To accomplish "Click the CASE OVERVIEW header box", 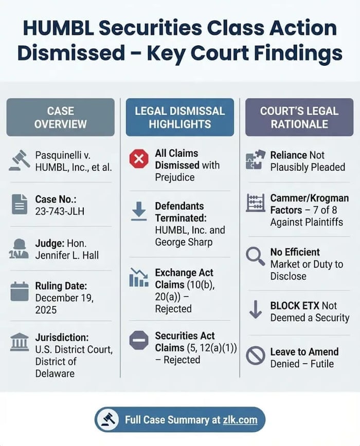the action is point(61,117).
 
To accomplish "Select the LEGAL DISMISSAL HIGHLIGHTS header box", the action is point(180,117).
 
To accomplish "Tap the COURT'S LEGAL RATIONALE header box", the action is point(299,117).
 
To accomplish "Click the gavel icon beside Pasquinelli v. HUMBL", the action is point(20,161).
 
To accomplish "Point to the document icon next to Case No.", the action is point(20,204).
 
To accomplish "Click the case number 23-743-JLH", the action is point(60,211).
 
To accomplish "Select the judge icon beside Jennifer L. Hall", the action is point(19,249).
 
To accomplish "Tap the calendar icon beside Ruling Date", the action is point(20,291).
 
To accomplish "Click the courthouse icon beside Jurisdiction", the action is point(20,342).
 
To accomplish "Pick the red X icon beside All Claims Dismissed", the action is point(139,159).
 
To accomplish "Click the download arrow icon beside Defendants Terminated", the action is point(139,211).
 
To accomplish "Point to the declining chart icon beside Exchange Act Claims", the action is point(139,277).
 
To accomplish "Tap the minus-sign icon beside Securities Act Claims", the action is point(139,340).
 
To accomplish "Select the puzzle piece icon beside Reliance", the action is point(255,160).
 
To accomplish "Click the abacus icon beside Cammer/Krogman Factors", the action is point(256,203).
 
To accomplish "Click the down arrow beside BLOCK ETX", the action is point(256,309).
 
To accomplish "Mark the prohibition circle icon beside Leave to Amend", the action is point(256,355).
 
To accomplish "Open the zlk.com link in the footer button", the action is point(240,420).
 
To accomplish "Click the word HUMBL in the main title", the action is point(58,28).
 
